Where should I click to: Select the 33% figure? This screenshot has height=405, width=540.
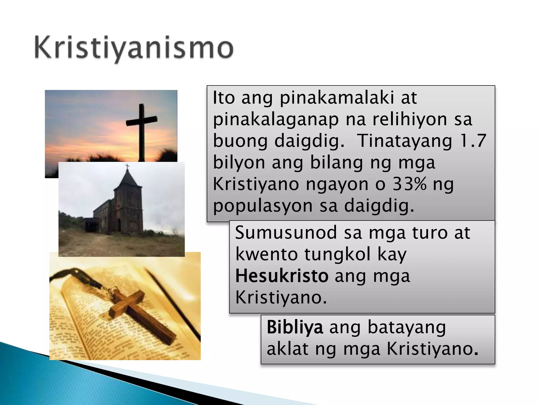pyautogui.click(x=409, y=184)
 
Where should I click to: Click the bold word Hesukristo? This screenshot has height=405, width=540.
pyautogui.click(x=282, y=276)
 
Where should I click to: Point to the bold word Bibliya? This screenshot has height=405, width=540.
pyautogui.click(x=295, y=327)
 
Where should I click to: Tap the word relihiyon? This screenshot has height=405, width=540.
pyautogui.click(x=409, y=119)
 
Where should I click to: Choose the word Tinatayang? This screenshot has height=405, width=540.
pyautogui.click(x=404, y=141)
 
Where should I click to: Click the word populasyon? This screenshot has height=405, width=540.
pyautogui.click(x=263, y=206)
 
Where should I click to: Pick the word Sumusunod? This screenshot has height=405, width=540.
pyautogui.click(x=286, y=233)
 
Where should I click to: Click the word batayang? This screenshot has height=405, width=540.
pyautogui.click(x=407, y=327)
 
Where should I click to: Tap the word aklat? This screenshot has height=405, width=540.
pyautogui.click(x=287, y=349)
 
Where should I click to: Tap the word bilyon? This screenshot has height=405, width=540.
pyautogui.click(x=239, y=163)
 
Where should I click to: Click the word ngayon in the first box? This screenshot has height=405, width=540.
pyautogui.click(x=337, y=184)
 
